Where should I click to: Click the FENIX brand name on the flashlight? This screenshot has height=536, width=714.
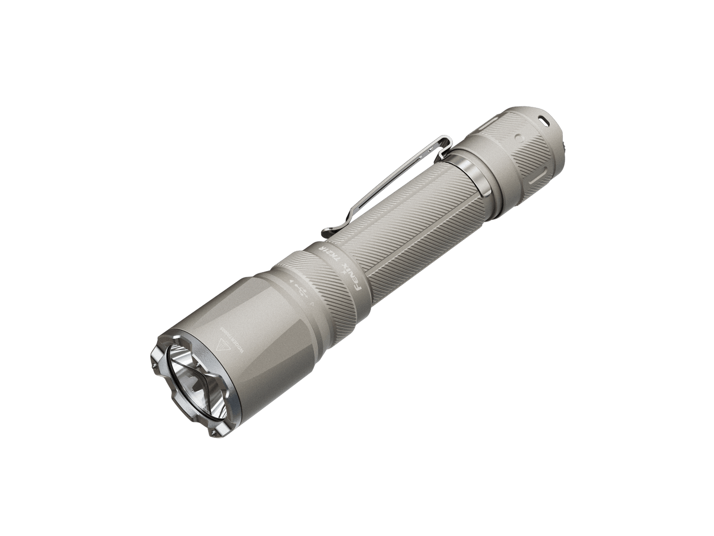point(355,280)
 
